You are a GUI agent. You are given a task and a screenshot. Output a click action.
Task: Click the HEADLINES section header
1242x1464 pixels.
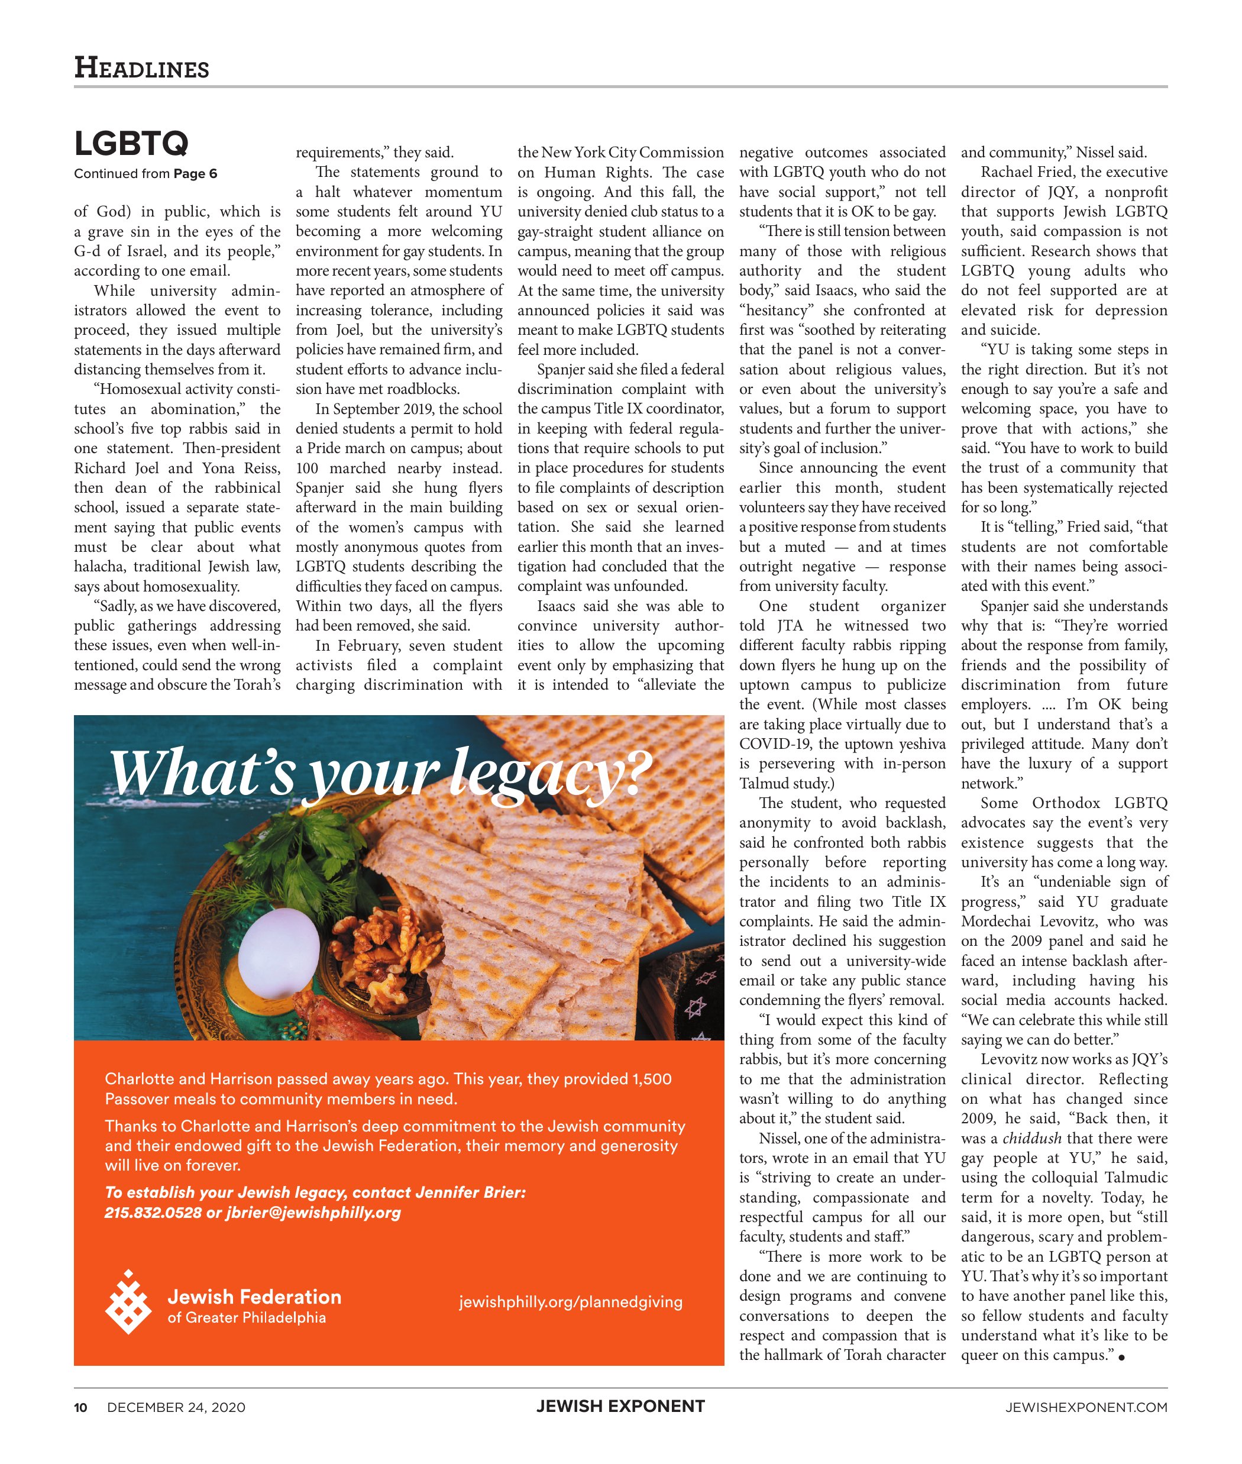(141, 68)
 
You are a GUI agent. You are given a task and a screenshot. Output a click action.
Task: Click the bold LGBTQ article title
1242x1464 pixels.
(132, 144)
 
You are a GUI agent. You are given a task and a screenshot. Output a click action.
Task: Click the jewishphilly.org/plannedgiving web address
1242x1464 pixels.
(570, 1302)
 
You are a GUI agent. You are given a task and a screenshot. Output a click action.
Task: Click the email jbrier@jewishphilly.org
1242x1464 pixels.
(313, 1213)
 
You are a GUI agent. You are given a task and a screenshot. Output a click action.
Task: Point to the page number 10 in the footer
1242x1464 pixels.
(81, 1407)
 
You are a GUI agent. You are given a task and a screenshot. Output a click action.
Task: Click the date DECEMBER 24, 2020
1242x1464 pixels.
(176, 1407)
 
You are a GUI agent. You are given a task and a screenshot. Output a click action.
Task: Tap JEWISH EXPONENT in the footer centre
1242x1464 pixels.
(620, 1406)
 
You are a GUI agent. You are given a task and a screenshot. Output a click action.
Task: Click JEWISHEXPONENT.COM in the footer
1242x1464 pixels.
(1086, 1407)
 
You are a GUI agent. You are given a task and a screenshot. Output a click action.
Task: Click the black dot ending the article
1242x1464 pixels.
(1121, 1356)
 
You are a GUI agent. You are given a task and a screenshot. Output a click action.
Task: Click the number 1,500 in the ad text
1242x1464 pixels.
(652, 1079)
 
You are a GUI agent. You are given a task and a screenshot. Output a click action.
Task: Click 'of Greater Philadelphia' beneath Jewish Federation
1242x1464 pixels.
(247, 1317)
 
